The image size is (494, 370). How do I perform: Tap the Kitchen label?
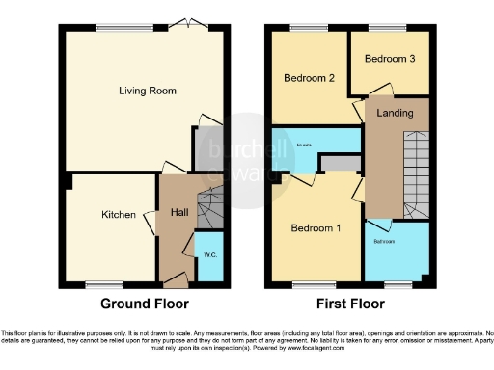[x=119, y=215]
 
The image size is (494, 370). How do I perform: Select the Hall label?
[x=179, y=213]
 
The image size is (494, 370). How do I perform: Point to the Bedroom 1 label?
[x=316, y=228]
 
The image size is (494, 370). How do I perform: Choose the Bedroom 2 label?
[x=309, y=78]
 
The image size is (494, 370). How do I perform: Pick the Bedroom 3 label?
[x=389, y=59]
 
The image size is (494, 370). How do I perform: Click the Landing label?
[x=396, y=113]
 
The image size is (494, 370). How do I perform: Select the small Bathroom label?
[x=384, y=241]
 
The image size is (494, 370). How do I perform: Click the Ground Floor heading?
[x=145, y=304]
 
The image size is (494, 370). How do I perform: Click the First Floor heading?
[x=348, y=304]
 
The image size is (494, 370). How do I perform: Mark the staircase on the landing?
[x=415, y=173]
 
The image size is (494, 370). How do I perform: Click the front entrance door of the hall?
[x=175, y=280]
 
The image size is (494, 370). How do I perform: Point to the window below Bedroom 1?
[x=314, y=284]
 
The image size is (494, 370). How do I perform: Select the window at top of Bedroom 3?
[x=389, y=29]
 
